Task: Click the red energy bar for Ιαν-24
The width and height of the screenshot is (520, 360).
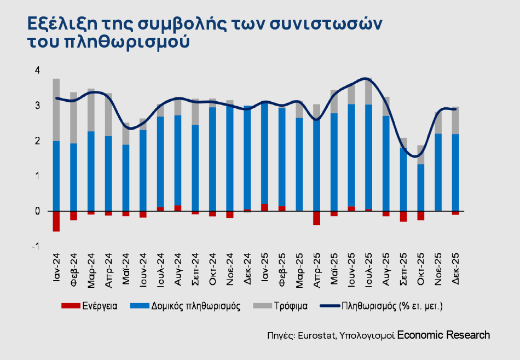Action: (x=56, y=221)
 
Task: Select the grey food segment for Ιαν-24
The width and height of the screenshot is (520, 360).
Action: (x=56, y=109)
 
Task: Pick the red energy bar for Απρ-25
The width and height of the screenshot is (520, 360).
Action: (x=316, y=218)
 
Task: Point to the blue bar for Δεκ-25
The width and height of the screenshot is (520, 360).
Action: (x=455, y=172)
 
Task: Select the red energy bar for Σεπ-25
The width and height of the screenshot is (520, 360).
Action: (x=403, y=216)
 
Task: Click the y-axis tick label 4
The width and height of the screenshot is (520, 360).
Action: (x=37, y=70)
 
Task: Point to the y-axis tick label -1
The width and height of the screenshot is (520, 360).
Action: (x=36, y=247)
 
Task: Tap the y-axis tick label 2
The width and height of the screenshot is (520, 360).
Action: (x=37, y=141)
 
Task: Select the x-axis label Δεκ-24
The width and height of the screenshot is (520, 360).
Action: (x=247, y=270)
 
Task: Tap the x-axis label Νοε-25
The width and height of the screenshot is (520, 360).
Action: (x=438, y=270)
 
